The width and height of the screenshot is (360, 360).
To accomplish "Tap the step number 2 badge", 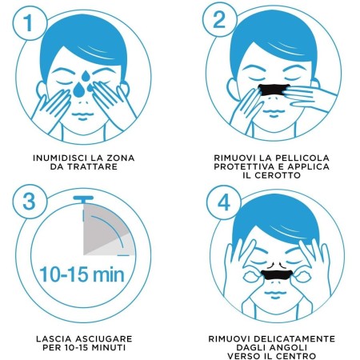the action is point(219,21).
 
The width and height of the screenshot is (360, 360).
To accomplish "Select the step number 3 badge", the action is point(30,202).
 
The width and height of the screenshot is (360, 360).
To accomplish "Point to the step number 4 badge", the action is point(224,202).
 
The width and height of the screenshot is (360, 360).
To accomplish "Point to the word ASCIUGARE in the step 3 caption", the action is point(104,339).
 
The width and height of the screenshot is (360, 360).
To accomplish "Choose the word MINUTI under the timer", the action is point(109,347).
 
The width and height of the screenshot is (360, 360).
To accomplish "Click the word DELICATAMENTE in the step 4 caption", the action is point(294,339).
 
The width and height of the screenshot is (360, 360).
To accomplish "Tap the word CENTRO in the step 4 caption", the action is point(296,356).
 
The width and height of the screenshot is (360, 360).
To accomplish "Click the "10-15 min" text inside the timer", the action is point(82,274).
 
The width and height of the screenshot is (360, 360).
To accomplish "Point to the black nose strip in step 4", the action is point(277,274).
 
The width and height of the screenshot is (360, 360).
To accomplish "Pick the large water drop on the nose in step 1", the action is point(79,90).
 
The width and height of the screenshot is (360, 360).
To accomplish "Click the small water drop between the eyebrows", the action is point(86,76).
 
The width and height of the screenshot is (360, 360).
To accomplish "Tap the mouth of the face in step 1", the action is point(82,115).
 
